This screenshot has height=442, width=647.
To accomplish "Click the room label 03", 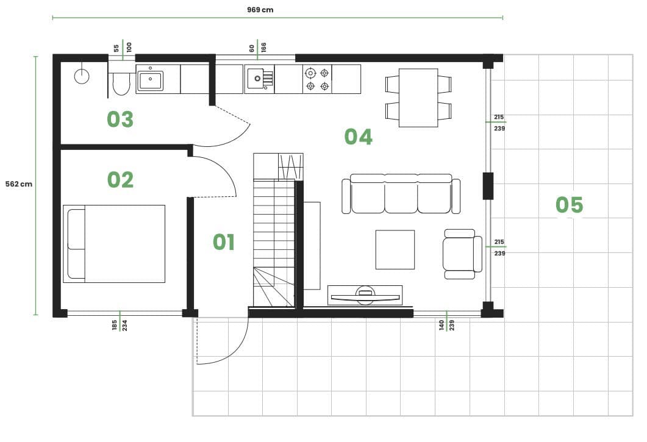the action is (x=120, y=119).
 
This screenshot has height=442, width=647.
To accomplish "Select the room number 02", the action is (x=120, y=180).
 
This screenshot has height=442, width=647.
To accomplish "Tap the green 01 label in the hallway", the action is (x=224, y=242).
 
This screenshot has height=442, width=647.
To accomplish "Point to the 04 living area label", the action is (x=358, y=137).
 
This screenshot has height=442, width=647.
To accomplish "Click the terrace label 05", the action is (x=569, y=205).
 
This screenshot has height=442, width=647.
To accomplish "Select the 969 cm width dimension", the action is (x=260, y=10).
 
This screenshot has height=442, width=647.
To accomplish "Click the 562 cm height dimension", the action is (x=18, y=184).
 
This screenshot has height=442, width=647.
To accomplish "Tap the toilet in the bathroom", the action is (x=121, y=84).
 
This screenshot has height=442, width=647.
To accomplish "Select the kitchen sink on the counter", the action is (x=260, y=79).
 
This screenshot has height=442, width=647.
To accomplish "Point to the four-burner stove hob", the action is (x=317, y=79).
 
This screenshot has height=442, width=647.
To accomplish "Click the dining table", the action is (x=418, y=98).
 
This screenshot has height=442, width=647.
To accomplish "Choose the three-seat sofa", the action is (x=401, y=193).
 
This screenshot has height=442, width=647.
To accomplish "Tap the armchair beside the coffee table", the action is (x=462, y=254).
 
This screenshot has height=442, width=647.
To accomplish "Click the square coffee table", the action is (x=395, y=250).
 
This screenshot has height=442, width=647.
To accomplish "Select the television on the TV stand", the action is (x=365, y=296).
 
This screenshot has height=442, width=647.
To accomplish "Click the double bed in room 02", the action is (x=114, y=244).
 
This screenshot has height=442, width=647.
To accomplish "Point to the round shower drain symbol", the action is (x=82, y=76).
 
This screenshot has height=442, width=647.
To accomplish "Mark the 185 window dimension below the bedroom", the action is (x=114, y=325).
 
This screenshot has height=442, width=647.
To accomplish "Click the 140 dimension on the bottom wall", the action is (x=441, y=325).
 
